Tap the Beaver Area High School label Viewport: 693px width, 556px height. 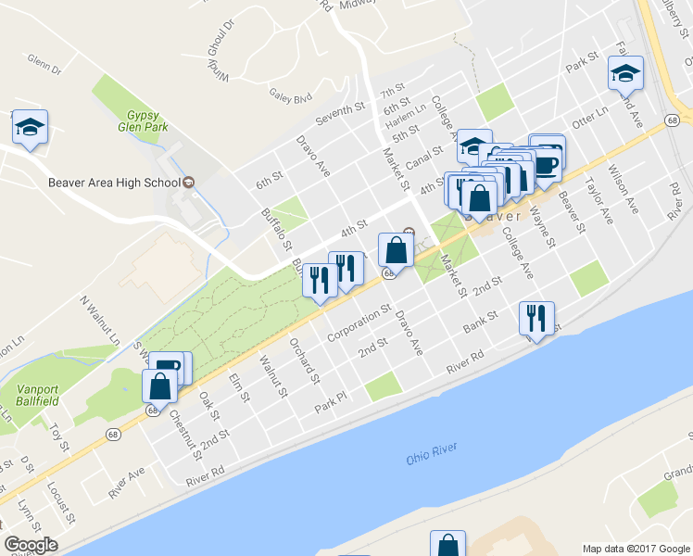(112, 183)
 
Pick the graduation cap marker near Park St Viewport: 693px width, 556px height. (626, 73)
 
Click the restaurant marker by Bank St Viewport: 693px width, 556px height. (536, 319)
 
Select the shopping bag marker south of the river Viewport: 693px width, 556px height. (447, 544)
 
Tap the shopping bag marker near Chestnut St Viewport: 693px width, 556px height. (159, 386)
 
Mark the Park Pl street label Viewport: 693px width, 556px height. (330, 401)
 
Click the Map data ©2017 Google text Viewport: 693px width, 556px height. (636, 548)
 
